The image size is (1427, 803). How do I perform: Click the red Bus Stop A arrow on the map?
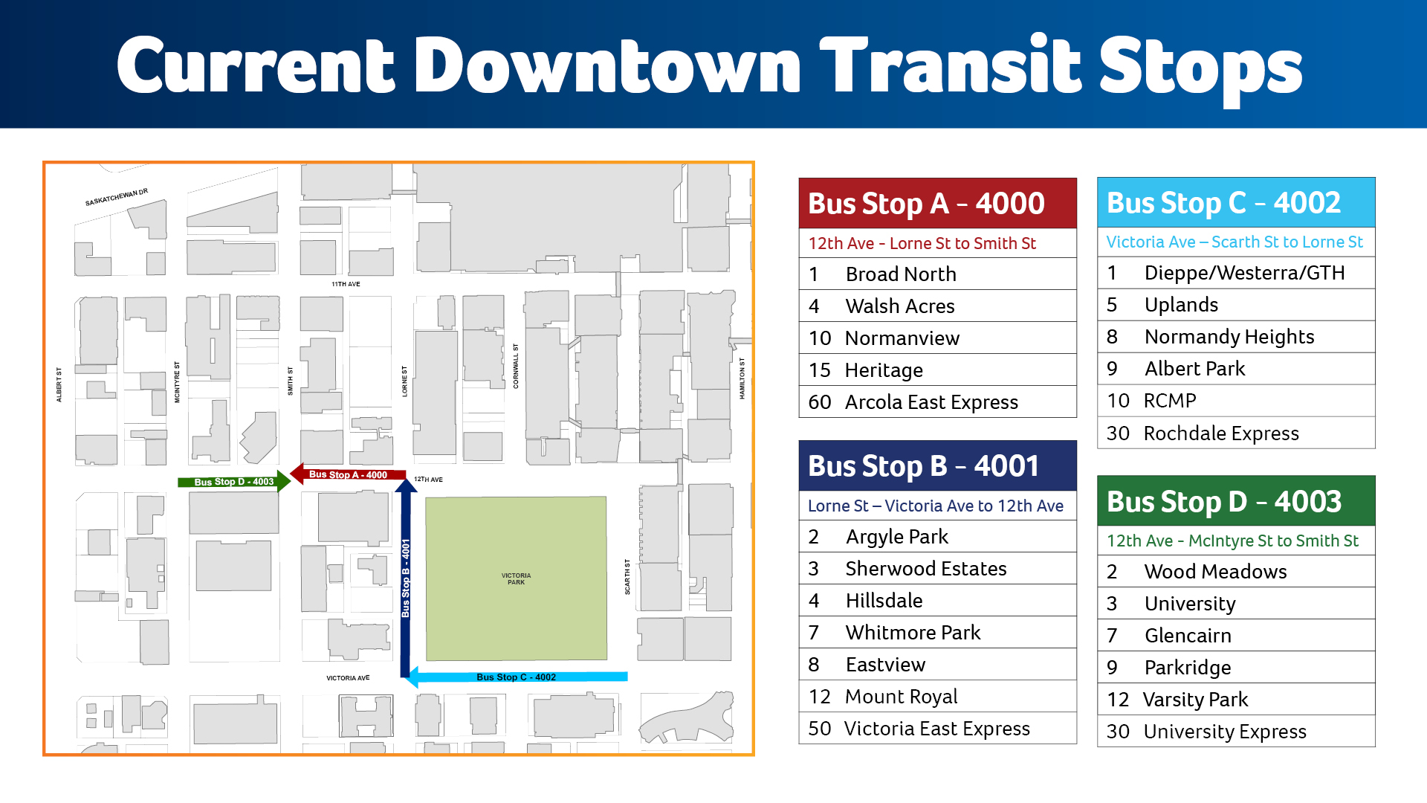coord(348,474)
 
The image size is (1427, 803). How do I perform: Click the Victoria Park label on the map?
coord(516,578)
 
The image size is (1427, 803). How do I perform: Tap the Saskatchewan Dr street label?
coord(117,197)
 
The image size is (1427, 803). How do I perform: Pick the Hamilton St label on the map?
coord(742,378)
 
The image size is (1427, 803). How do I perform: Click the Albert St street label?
coord(59,384)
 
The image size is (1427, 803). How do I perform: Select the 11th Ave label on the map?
coord(346,284)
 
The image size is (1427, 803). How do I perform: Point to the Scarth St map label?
coord(627,577)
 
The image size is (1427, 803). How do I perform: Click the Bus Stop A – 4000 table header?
coord(937,203)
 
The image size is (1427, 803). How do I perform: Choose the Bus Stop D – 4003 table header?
coord(1235,501)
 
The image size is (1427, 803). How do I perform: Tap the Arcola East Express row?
coord(937,402)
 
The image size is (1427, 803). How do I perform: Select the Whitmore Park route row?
coord(937,633)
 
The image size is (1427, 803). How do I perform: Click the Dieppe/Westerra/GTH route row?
coord(1235,273)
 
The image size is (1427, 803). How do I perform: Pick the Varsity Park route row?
coord(1235,700)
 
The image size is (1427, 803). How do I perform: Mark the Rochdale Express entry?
coord(1235,433)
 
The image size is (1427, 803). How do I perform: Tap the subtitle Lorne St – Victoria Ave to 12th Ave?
coord(936,506)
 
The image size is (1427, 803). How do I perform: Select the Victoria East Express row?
coord(937,729)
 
